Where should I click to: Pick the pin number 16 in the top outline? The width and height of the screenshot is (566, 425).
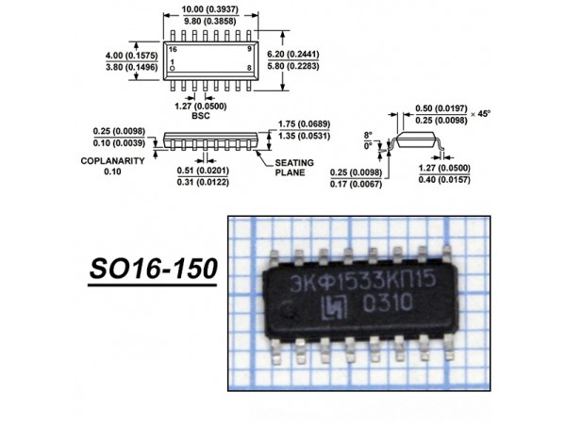172,47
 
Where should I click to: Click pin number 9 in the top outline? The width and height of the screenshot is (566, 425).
250,47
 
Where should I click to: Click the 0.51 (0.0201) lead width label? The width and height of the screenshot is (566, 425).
200,171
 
